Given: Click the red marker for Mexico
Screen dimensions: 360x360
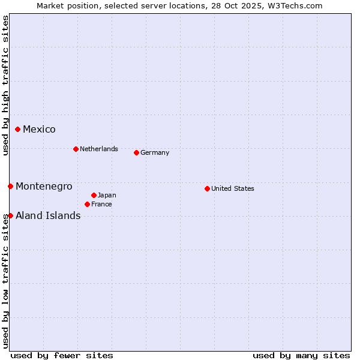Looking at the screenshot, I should [17, 129].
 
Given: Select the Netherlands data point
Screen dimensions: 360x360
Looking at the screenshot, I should [76, 149].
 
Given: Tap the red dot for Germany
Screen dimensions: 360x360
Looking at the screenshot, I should [136, 152].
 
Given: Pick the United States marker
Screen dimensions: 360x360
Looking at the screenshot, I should [207, 188].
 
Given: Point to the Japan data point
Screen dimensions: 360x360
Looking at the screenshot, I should [94, 195].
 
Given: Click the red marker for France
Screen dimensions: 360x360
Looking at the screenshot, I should [87, 204].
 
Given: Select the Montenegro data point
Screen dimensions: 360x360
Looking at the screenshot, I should [10, 186].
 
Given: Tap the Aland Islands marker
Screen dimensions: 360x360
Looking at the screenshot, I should [10, 215].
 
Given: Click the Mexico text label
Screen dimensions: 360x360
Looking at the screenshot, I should [39, 129].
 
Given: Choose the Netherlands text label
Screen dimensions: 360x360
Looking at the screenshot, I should [98, 149].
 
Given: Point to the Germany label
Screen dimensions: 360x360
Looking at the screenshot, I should [155, 152].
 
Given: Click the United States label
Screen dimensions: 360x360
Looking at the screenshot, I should [232, 188].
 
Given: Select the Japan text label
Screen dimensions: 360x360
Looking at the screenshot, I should [107, 195].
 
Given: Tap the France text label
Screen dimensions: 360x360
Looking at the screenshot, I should [101, 204].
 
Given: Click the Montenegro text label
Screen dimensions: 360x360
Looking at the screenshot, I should [44, 186].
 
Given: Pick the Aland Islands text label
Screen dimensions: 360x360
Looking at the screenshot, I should [48, 215].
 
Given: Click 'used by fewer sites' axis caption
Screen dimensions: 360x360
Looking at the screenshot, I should [62, 355].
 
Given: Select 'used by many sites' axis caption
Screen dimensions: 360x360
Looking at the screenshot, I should [301, 355].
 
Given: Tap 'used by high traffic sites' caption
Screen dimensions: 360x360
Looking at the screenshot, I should [5, 85].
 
